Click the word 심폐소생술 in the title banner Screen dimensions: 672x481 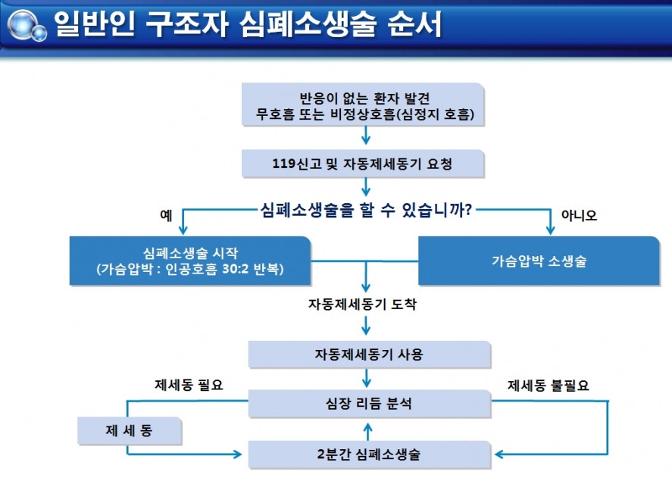(308, 24)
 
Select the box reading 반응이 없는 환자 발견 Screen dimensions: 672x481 (363, 105)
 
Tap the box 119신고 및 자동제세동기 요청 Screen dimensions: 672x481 (363, 164)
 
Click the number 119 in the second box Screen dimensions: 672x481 (283, 164)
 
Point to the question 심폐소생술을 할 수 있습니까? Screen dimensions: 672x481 (367, 210)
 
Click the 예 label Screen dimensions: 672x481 (166, 215)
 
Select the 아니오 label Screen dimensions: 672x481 (579, 215)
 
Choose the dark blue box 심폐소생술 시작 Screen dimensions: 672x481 (190, 261)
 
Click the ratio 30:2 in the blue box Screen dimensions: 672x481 (236, 269)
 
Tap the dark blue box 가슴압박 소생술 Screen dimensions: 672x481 (539, 261)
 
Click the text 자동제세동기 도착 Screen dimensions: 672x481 (362, 304)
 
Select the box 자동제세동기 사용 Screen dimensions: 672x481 (370, 355)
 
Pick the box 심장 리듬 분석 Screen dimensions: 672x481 (370, 404)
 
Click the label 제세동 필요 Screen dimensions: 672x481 (189, 385)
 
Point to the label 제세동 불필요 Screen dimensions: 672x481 (549, 386)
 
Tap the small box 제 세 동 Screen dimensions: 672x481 (130, 430)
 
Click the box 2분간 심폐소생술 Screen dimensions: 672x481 (370, 454)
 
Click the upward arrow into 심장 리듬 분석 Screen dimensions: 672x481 (367, 431)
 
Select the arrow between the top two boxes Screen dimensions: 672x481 (366, 136)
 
